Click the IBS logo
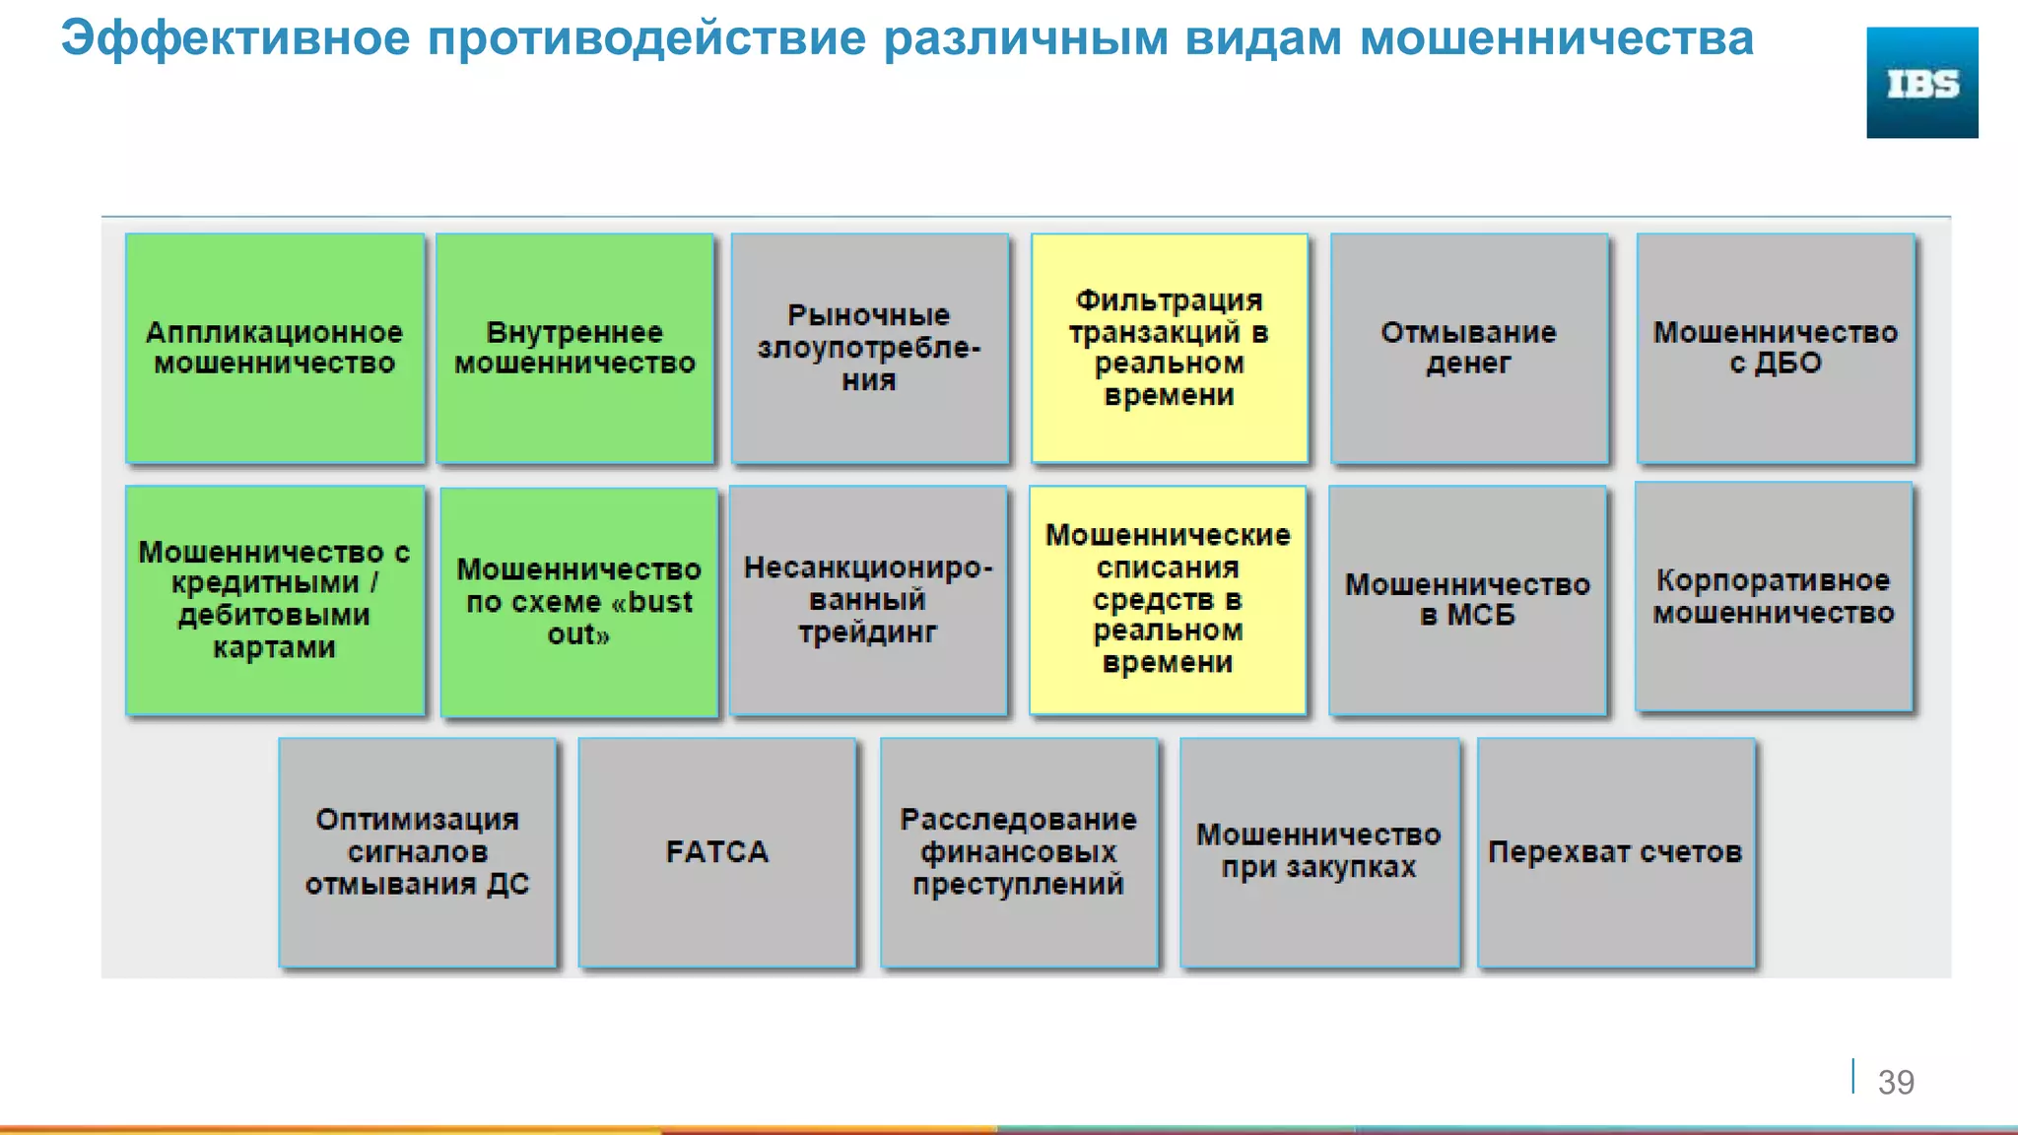click(x=1921, y=83)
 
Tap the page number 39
click(x=1895, y=1082)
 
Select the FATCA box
click(x=716, y=852)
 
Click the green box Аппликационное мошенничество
click(x=275, y=348)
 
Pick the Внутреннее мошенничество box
click(x=574, y=348)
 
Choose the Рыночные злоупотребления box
click(x=869, y=348)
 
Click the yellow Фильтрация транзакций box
click(x=1169, y=348)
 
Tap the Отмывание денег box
click(x=1468, y=348)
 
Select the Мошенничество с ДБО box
click(x=1775, y=348)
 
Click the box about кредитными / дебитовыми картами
click(x=275, y=600)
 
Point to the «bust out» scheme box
click(x=578, y=602)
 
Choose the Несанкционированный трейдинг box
click(x=867, y=600)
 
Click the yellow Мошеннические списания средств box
click(x=1167, y=600)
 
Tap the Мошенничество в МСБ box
click(x=1467, y=600)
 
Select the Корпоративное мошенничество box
click(x=1773, y=597)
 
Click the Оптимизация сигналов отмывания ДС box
click(x=417, y=852)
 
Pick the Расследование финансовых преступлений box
click(x=1018, y=852)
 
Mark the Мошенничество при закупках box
click(x=1318, y=852)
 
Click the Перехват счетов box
click(x=1615, y=852)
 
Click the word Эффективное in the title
click(x=235, y=39)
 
